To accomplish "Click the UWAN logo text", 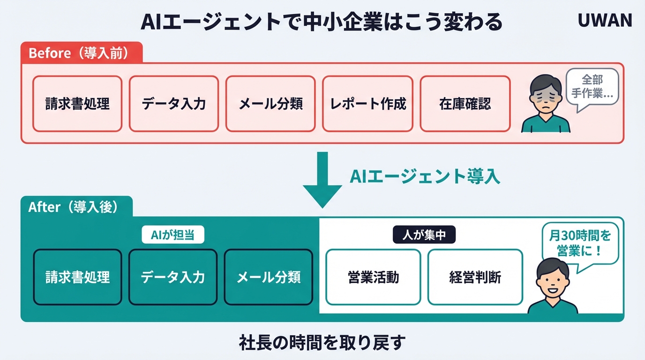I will [x=605, y=20].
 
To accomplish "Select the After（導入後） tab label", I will [x=73, y=207].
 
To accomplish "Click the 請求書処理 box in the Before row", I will [x=77, y=104].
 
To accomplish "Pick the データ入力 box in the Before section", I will [x=174, y=104].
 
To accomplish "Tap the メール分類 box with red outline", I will [x=270, y=104].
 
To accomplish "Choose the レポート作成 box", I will [x=368, y=104].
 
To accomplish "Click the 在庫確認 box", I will [x=465, y=104].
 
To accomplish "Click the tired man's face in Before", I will [x=546, y=96].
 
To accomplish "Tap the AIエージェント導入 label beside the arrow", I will [x=425, y=176].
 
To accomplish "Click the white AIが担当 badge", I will [x=173, y=236].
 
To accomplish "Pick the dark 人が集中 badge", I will [x=424, y=236].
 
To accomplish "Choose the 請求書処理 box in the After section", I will [x=77, y=277].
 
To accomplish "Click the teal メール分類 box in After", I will [x=268, y=277].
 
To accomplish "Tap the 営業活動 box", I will [x=373, y=277].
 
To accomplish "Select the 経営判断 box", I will [x=475, y=277].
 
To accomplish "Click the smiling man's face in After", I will [x=551, y=281].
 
